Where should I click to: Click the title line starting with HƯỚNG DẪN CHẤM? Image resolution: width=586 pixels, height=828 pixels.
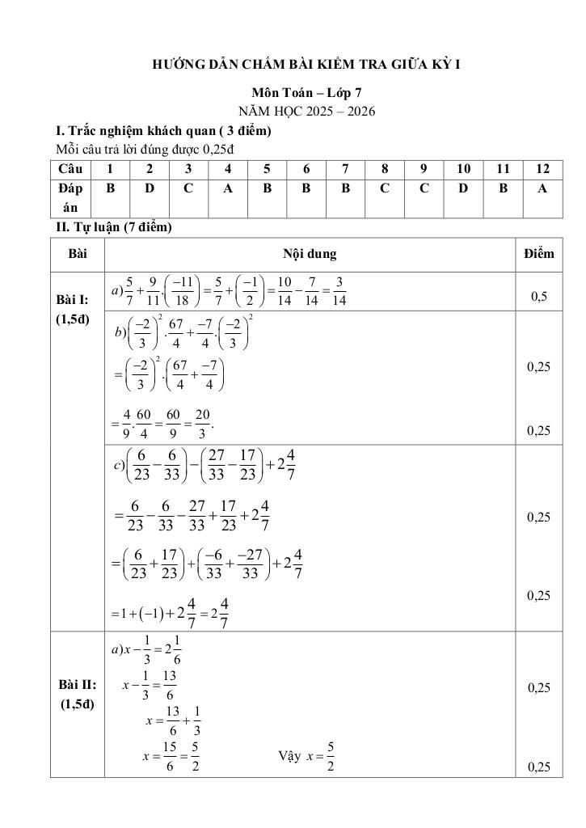306,64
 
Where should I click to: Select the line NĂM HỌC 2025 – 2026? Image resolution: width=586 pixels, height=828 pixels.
306,112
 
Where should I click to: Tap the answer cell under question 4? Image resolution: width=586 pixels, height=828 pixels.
228,188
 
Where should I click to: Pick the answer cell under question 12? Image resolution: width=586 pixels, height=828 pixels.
542,188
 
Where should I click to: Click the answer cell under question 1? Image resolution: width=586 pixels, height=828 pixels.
109,188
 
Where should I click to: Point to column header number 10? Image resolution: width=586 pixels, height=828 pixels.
464,168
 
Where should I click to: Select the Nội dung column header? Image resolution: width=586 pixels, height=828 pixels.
310,254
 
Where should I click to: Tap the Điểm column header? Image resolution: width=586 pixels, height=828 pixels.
538,254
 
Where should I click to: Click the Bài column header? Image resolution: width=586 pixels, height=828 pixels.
78,254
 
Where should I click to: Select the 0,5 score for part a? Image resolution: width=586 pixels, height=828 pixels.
538,297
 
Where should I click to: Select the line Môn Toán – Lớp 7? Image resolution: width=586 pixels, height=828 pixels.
306,94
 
